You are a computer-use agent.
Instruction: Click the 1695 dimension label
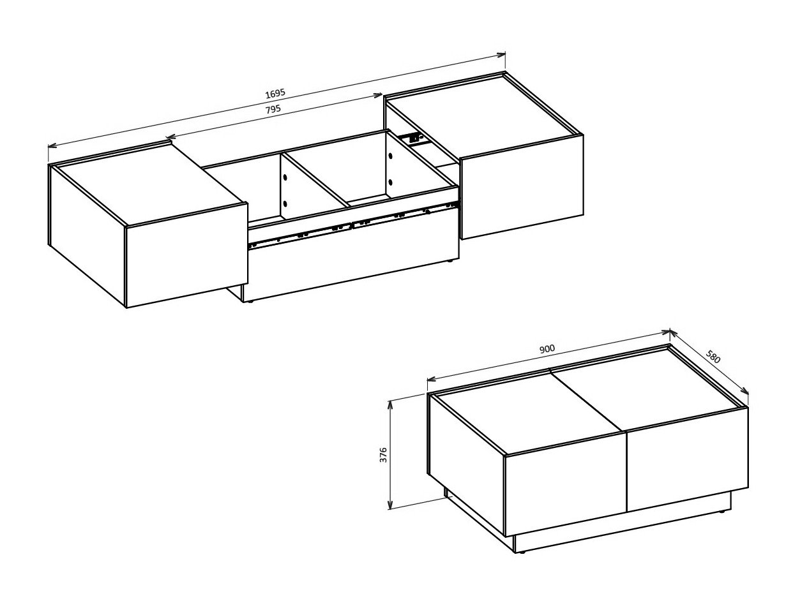(275, 93)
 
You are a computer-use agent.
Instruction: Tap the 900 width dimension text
(547, 349)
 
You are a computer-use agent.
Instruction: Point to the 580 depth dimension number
(713, 357)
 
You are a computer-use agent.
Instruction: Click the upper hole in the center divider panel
(285, 175)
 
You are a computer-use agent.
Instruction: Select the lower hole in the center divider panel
(285, 204)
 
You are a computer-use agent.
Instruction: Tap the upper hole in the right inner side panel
(389, 154)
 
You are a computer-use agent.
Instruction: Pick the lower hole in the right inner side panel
(389, 182)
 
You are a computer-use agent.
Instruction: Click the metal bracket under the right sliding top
(411, 137)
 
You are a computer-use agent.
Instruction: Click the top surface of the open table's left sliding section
(147, 185)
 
